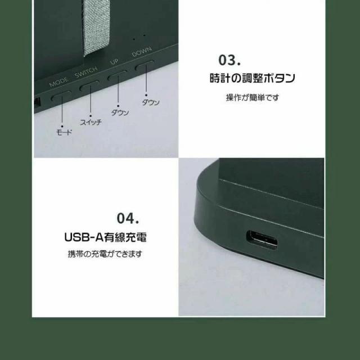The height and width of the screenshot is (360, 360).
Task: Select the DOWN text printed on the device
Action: click(141, 53)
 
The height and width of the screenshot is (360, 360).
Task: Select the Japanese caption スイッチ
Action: click(91, 121)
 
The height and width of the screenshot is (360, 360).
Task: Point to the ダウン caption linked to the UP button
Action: click(120, 112)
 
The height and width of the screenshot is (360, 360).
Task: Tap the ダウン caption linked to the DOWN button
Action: click(150, 102)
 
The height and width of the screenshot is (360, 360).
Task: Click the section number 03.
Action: click(229, 60)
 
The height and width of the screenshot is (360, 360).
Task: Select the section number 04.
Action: click(128, 217)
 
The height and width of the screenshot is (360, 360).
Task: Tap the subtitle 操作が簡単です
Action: click(252, 97)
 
